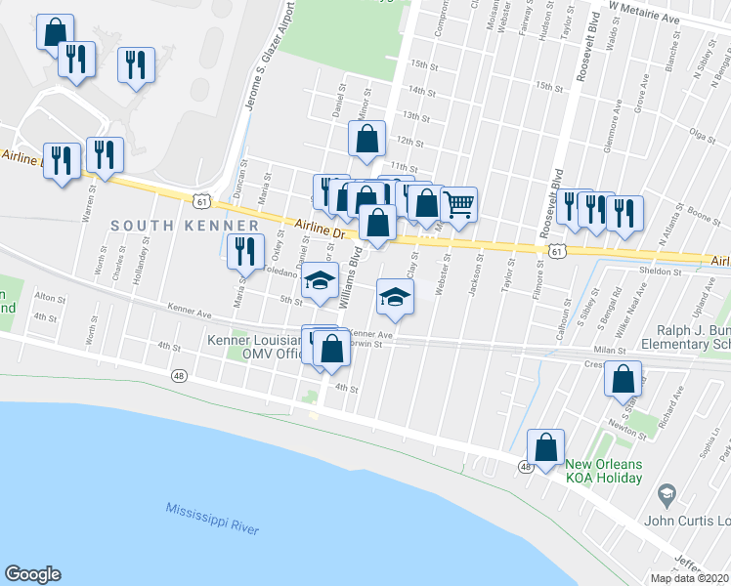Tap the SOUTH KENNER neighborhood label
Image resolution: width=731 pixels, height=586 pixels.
coord(171,226)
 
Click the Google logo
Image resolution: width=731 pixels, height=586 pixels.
coord(32,574)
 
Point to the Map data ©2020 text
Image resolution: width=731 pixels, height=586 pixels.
coord(690,578)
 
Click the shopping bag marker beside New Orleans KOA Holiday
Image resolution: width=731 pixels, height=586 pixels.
coord(546,448)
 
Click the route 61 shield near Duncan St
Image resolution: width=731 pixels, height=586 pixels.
coord(201,201)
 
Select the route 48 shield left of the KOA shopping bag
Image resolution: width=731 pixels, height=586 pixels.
coord(526,468)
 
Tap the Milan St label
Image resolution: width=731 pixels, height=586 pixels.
coord(608,348)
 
